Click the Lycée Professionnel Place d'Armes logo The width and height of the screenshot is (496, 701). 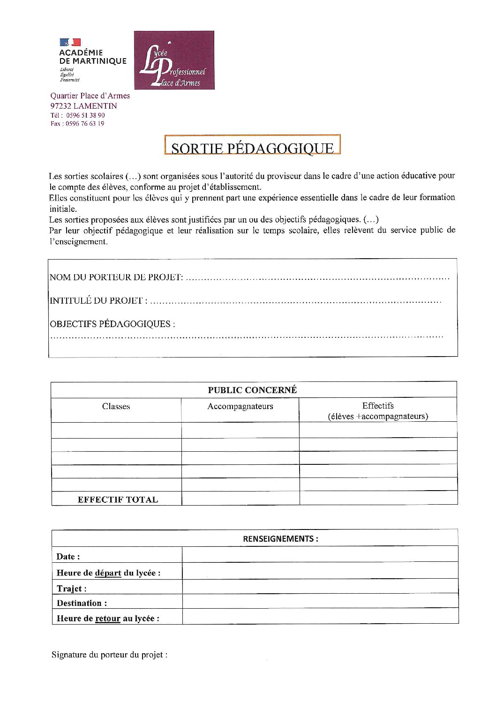tap(174, 60)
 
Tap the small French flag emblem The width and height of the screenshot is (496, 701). tap(70, 43)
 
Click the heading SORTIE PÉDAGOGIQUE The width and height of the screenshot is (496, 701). tap(252, 148)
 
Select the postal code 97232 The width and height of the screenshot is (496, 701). tap(61, 106)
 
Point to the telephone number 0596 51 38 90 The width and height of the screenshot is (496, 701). tap(85, 115)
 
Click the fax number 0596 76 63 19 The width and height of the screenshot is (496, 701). tap(85, 124)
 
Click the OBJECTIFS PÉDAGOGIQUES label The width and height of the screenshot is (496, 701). tap(112, 324)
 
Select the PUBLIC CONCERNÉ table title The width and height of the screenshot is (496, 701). tap(252, 390)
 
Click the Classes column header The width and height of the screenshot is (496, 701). tap(116, 406)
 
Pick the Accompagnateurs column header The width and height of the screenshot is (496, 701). tap(240, 406)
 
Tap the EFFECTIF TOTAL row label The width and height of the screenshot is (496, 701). tap(118, 500)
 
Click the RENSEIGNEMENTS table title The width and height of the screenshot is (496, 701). tap(280, 539)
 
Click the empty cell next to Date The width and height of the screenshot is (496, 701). tap(320, 555)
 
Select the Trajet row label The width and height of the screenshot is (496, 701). tap(71, 589)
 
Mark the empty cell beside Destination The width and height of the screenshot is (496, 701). tap(320, 601)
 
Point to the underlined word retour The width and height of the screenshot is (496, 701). tap(108, 619)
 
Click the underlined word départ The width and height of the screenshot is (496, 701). tap(108, 573)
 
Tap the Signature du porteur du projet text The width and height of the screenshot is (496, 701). tap(109, 655)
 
